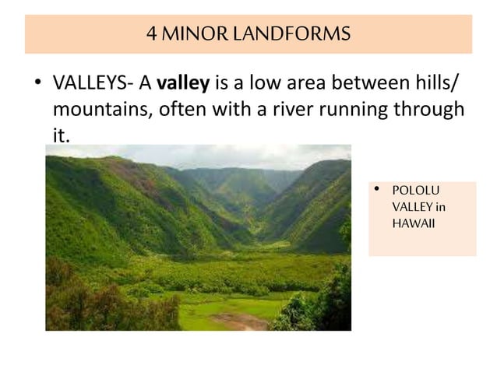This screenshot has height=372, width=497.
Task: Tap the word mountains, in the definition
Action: (100, 108)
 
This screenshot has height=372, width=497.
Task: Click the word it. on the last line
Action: (61, 135)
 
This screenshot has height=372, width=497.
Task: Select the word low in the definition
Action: (260, 82)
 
